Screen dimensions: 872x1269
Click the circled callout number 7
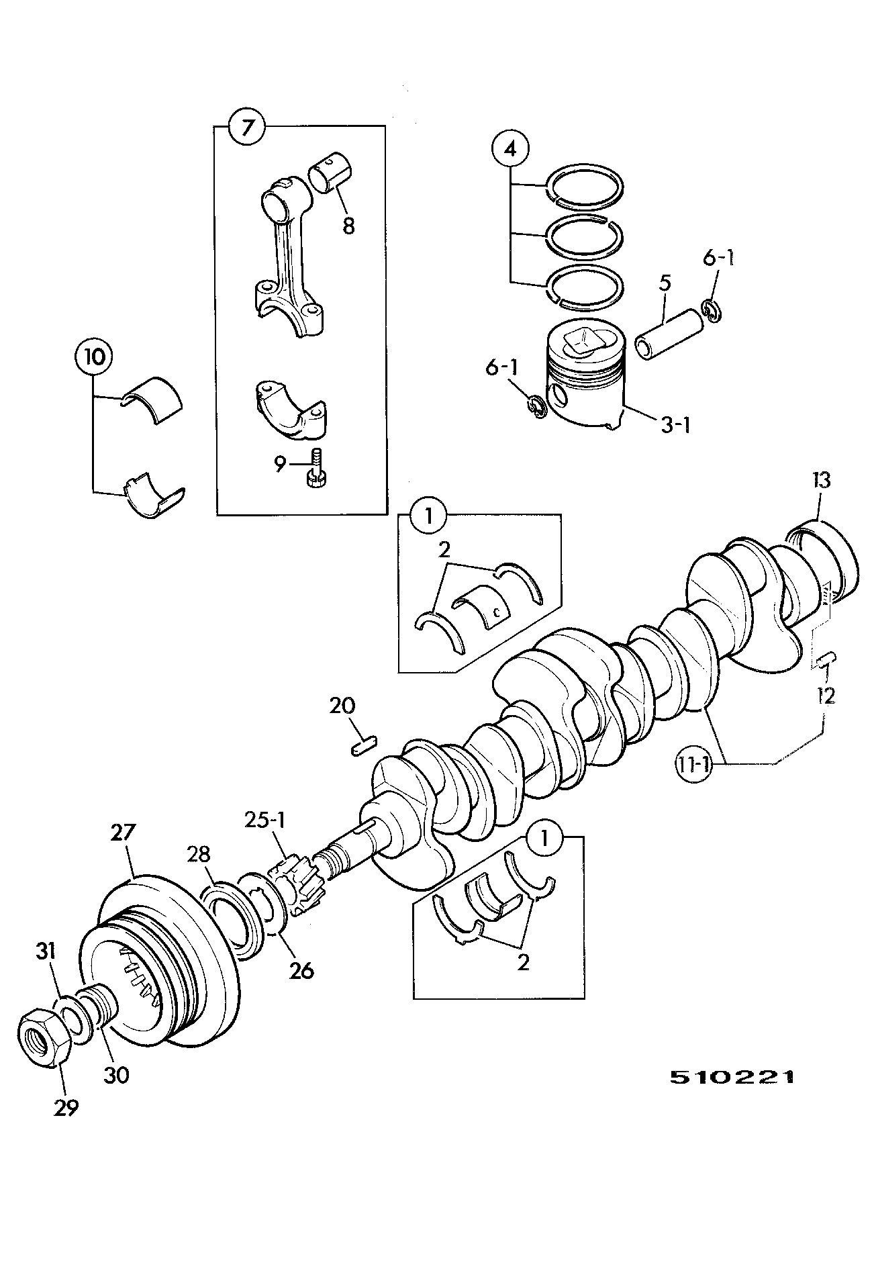(248, 128)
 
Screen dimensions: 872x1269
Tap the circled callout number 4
(510, 149)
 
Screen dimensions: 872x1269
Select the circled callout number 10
(93, 357)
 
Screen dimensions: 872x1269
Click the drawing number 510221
(732, 1078)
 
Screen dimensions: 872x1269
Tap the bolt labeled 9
(316, 467)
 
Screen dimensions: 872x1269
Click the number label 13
(820, 480)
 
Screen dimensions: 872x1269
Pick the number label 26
(300, 970)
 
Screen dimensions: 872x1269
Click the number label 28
(199, 854)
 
